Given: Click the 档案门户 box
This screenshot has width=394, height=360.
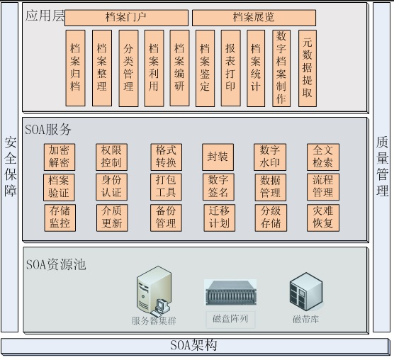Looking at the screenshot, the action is coord(126,18).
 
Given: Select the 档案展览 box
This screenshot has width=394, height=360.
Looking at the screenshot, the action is coord(254,18).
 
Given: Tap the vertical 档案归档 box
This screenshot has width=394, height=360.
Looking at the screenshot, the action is coord(75,68).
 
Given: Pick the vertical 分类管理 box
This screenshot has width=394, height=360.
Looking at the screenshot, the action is coord(128,68).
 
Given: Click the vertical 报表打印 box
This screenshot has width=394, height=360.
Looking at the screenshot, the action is coord(231,68).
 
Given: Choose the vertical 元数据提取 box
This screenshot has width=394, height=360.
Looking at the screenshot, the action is coord(308,68).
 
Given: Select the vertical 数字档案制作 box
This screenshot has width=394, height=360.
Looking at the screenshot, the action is coord(281,68).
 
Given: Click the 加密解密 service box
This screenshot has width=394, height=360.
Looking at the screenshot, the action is coord(60,157).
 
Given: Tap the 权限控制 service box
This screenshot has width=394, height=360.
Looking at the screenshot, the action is coord(111,157).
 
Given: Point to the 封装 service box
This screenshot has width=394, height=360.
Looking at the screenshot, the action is coord(218,157).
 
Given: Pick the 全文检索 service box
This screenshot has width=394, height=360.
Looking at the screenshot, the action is coord(323,157).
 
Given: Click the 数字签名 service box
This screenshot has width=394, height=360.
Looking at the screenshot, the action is coord(218,187).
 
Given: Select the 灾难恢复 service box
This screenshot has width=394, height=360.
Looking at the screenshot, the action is coord(323,218).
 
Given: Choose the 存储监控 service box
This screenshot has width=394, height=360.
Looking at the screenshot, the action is coord(60,218).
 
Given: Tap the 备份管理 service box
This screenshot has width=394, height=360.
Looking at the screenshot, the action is coord(166,218).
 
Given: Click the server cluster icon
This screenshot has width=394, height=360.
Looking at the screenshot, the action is coord(154,290).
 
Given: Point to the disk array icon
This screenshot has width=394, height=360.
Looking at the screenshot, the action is coord(231,293).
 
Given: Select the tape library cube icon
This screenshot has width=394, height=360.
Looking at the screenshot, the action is coord(306,291).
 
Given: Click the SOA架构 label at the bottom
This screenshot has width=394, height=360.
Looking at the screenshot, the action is coord(193,345).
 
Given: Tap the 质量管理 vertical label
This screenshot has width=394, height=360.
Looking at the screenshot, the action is coord(382,166).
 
